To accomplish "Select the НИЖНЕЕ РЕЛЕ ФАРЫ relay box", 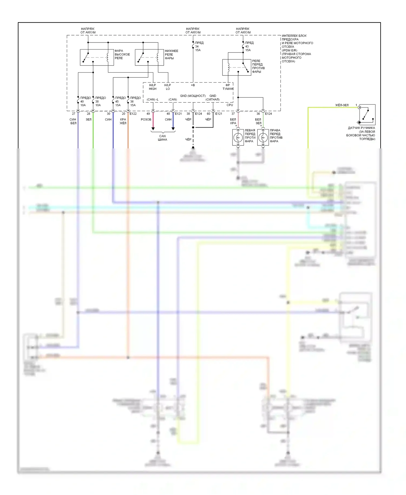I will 149,57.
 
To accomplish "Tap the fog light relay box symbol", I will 237,67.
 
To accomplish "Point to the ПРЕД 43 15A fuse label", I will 249,46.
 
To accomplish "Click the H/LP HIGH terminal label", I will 153,87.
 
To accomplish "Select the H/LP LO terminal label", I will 168,87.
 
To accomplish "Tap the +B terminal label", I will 193,85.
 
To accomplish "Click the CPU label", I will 230,105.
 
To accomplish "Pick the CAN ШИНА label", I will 162,138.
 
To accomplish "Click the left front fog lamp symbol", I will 238,138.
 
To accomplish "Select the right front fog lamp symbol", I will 263,138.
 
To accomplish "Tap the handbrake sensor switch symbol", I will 367,115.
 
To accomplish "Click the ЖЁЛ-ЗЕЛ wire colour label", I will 342,105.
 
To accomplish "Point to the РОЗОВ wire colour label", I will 146,119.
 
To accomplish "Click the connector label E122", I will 133,114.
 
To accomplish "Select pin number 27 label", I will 73,114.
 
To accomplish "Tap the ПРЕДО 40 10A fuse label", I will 85,101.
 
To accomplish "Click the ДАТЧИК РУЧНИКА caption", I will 361,133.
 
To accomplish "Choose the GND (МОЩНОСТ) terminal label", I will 193,96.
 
